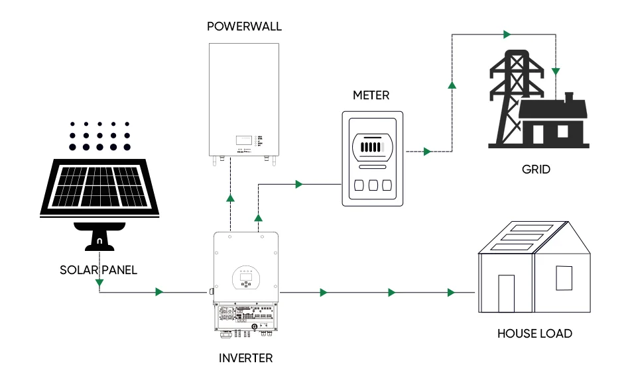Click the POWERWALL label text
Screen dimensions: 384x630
244,26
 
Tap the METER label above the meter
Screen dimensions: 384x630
371,95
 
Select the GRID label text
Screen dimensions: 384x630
536,169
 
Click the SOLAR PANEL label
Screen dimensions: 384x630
98,270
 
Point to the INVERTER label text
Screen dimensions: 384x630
245,358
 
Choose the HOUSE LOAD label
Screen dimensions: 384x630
535,334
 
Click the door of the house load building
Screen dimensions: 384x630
506,293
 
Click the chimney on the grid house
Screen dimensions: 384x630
568,98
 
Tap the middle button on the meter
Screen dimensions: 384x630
371,185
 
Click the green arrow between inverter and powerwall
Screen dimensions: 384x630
230,197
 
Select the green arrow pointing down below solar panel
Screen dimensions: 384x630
99,284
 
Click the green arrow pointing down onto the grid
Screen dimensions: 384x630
556,70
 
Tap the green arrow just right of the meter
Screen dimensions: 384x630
427,152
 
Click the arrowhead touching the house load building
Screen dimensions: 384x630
452,292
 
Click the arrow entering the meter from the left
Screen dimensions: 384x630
299,183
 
